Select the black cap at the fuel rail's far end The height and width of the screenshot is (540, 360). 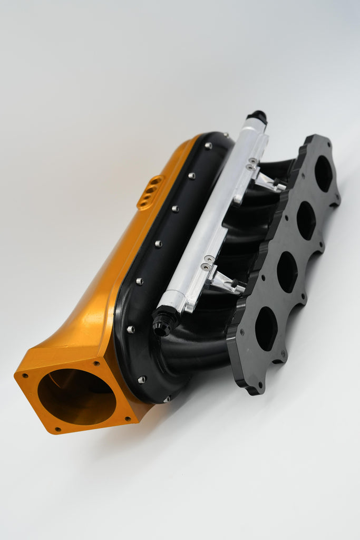point(257,116)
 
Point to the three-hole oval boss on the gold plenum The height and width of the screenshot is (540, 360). point(150,192)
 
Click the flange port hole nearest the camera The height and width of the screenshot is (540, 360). point(266,329)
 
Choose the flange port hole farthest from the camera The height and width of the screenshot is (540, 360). point(323,173)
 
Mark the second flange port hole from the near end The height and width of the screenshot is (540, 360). point(287,272)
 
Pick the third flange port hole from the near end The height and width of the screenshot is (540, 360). point(306,220)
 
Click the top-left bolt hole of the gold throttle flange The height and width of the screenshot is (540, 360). point(25,375)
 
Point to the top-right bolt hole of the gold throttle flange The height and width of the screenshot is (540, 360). point(96,363)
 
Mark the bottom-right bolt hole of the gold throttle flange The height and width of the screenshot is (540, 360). point(128,419)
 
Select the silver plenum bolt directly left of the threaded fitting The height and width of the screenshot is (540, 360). point(131,330)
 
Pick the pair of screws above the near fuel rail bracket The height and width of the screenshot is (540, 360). point(208,263)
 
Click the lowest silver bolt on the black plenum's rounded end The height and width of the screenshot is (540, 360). point(167,399)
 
